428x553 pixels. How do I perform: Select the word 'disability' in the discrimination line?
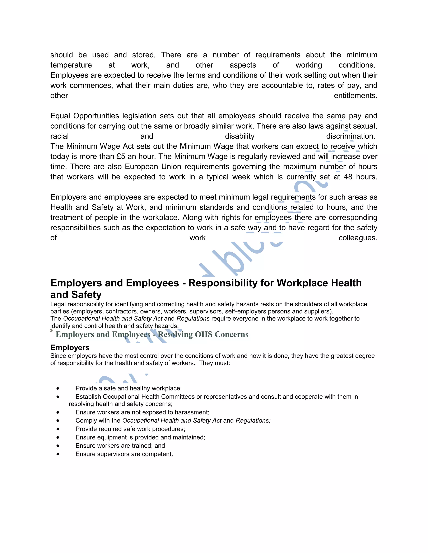coord(240,136)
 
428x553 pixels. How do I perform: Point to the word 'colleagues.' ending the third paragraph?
coord(358,238)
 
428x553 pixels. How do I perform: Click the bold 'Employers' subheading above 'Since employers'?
coord(70,347)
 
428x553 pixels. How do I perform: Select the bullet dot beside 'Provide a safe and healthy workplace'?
coord(58,388)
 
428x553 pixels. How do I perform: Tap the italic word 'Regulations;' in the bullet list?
coord(253,420)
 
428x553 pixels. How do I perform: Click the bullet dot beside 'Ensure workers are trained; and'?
coord(58,446)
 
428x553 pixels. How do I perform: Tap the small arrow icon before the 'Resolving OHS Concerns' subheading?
coord(52,330)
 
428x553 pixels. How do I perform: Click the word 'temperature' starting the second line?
coord(71,65)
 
